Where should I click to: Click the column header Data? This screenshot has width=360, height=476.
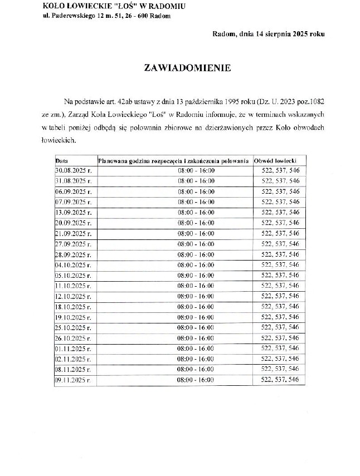(61, 160)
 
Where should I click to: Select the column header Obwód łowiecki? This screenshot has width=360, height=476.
(278, 160)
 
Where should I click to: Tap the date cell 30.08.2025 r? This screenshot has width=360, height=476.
(73, 171)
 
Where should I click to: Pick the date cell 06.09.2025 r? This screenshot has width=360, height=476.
(73, 192)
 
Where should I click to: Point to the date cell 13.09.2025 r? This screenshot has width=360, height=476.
(73, 212)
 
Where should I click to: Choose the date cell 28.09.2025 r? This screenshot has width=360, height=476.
(73, 254)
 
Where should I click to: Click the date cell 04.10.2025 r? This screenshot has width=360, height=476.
(73, 264)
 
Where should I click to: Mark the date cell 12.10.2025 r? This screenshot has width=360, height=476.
(73, 296)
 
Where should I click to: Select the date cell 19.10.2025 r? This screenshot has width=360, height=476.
(73, 317)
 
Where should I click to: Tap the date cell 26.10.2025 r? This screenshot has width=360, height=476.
(73, 338)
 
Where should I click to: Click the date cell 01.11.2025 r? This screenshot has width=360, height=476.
(73, 349)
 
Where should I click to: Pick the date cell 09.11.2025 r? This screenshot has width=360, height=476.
(73, 380)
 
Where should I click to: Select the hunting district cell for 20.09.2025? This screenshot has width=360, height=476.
(280, 223)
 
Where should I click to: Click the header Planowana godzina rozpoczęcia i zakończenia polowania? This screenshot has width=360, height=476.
(173, 160)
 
